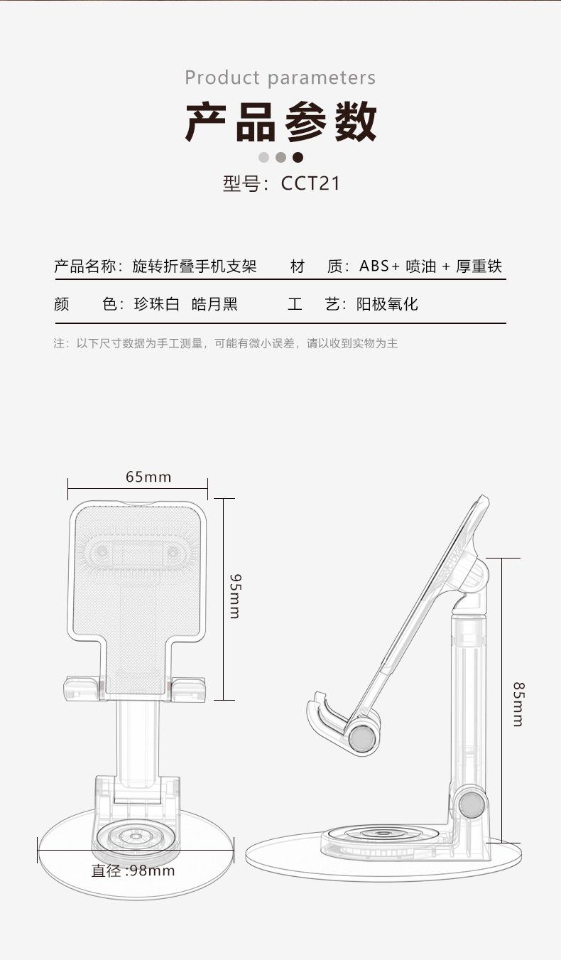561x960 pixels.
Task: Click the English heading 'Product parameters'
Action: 280,78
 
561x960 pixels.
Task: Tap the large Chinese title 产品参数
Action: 280,122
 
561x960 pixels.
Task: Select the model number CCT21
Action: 310,183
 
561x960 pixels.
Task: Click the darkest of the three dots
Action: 298,157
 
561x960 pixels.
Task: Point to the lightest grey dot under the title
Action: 263,157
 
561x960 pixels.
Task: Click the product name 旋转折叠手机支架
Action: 194,266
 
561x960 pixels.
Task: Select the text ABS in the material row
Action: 374,266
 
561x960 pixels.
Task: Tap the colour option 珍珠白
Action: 157,304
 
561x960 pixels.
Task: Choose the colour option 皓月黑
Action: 214,304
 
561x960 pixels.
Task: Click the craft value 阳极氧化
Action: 387,304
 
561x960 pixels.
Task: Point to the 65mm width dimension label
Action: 148,477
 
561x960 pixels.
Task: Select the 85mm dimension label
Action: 518,705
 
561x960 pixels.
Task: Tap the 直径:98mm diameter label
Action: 133,871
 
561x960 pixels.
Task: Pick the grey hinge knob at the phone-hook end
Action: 362,738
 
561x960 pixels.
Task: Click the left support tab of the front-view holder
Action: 82,689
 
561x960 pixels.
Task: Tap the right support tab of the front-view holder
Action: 187,689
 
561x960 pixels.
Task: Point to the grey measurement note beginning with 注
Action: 226,343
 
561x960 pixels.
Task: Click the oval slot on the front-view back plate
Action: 137,552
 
